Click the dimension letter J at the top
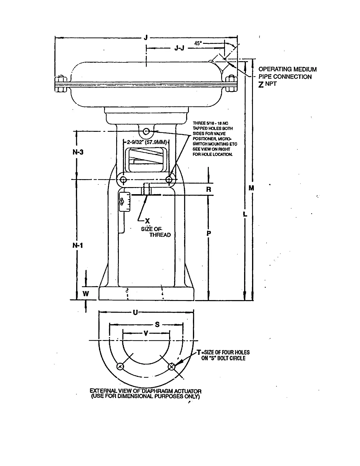[x=146, y=37]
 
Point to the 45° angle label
[x=198, y=43]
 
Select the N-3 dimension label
[x=78, y=152]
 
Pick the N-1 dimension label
[x=78, y=245]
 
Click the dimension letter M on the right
[x=251, y=188]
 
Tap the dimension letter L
[x=245, y=214]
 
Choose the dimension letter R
[x=209, y=189]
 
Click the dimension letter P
[x=209, y=234]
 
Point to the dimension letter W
[x=86, y=294]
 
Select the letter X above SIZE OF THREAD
[x=147, y=221]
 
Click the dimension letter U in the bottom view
[x=135, y=312]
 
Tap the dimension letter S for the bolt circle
[x=157, y=324]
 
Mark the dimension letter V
[x=146, y=334]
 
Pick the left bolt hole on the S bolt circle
[x=120, y=367]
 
